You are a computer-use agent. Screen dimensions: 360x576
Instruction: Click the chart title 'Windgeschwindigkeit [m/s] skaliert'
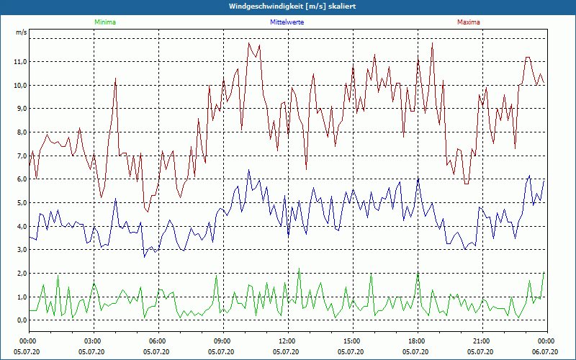click(288, 6)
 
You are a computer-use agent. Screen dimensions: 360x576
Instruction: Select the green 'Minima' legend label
click(104, 22)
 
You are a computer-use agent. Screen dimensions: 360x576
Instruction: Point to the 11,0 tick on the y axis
click(19, 62)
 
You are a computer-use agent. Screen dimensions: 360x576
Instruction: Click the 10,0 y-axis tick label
click(19, 85)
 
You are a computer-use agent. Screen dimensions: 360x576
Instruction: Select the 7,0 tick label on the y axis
click(21, 156)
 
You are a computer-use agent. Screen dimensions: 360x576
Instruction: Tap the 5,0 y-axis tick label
click(21, 203)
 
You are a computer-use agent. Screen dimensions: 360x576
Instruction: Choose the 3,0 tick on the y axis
click(21, 250)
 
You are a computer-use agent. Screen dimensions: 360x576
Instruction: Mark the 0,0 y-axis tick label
click(21, 320)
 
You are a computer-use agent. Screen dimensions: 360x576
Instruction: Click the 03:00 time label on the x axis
click(93, 341)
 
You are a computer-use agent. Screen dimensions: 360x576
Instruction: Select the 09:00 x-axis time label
click(222, 341)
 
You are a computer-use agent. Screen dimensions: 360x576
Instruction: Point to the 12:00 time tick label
click(287, 341)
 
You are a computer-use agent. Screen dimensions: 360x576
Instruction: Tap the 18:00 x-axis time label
click(417, 341)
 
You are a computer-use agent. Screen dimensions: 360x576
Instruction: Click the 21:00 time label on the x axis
click(482, 341)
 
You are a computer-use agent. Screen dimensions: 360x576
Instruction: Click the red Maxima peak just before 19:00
click(433, 43)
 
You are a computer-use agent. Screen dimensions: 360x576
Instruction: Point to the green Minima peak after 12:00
click(299, 269)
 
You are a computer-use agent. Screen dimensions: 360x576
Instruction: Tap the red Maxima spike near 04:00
click(115, 78)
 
